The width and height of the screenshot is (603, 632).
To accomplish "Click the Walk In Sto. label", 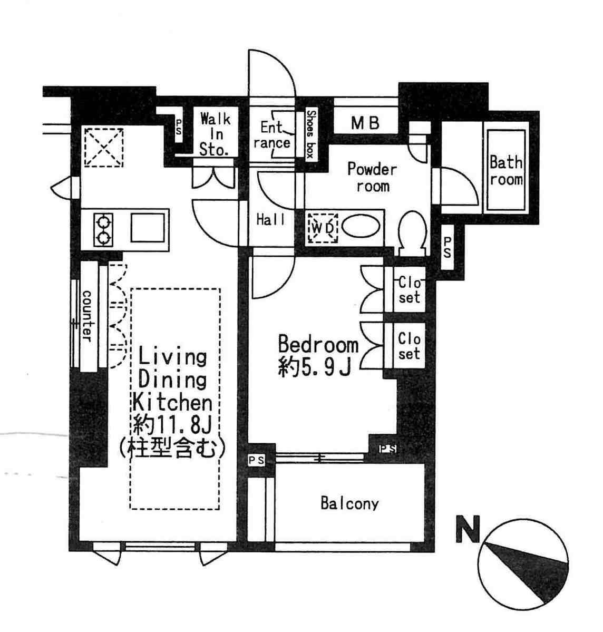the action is [x=215, y=134].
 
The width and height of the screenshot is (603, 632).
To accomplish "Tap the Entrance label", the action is [x=272, y=135].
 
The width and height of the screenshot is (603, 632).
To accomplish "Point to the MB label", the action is [x=365, y=122].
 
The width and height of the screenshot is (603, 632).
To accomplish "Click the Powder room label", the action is [x=373, y=177].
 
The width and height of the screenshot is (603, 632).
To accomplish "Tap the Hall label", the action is [x=271, y=220].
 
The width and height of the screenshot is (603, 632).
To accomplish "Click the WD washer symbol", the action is [x=323, y=228].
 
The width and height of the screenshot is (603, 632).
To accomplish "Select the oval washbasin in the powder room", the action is [x=361, y=228].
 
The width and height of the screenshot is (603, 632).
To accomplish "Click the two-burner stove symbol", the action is [x=104, y=229].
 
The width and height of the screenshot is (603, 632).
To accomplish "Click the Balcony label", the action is [x=349, y=503].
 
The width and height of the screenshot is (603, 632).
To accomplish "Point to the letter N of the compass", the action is [x=468, y=528].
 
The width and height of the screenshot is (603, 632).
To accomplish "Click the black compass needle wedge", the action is [x=528, y=572].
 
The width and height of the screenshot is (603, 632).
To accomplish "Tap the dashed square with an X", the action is [x=104, y=148].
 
